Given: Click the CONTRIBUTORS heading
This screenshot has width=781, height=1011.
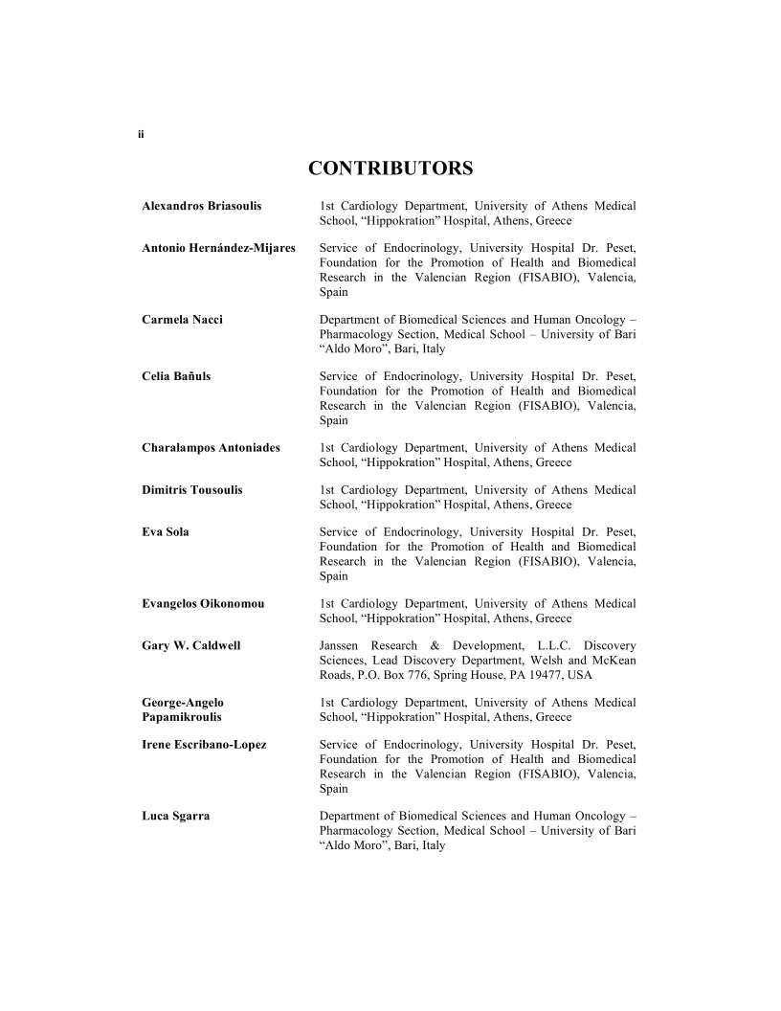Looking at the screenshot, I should [x=390, y=169].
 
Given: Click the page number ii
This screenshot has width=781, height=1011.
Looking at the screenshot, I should [x=141, y=134].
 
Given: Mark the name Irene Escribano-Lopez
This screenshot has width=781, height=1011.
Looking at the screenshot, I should [x=204, y=745].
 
